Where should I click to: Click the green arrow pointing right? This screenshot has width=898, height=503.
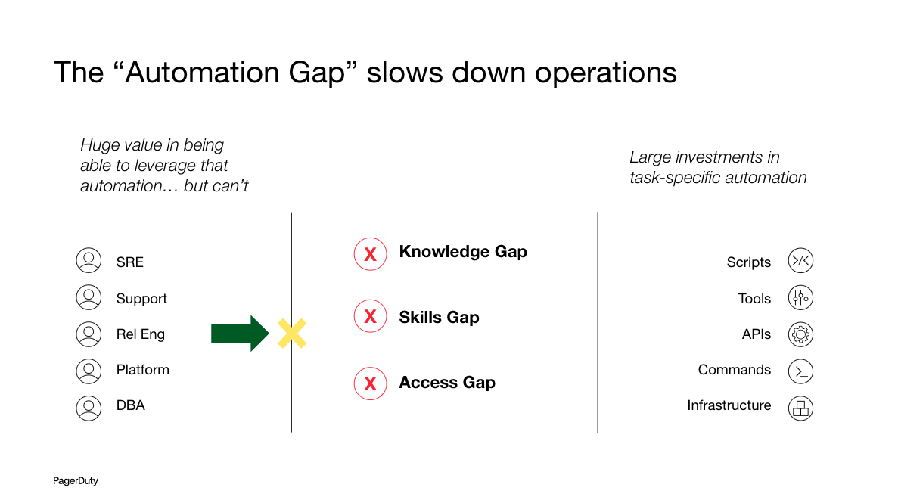240,334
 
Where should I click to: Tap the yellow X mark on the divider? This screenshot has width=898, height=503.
292,334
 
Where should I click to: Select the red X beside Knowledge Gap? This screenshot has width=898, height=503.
371,254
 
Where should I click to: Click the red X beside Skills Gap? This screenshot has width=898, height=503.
371,316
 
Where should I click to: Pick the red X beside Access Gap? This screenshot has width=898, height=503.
371,383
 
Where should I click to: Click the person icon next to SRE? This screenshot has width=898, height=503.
89,260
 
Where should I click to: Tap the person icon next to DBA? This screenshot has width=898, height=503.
89,408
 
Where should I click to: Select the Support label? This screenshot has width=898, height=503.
141,299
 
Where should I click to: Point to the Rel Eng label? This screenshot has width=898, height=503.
140,334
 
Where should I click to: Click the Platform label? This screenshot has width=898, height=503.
142,370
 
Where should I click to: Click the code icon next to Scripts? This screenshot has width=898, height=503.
800,261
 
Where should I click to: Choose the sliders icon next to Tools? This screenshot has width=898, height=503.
800,298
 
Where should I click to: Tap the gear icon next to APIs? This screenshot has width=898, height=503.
800,334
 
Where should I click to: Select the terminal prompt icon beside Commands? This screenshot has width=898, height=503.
800,371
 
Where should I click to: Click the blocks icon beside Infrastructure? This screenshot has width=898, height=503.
800,408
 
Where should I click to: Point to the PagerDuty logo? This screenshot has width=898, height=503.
76,480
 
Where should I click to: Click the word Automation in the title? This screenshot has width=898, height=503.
235,73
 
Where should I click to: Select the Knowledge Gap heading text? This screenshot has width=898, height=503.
463,251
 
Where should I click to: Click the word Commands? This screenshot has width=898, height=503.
734,370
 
